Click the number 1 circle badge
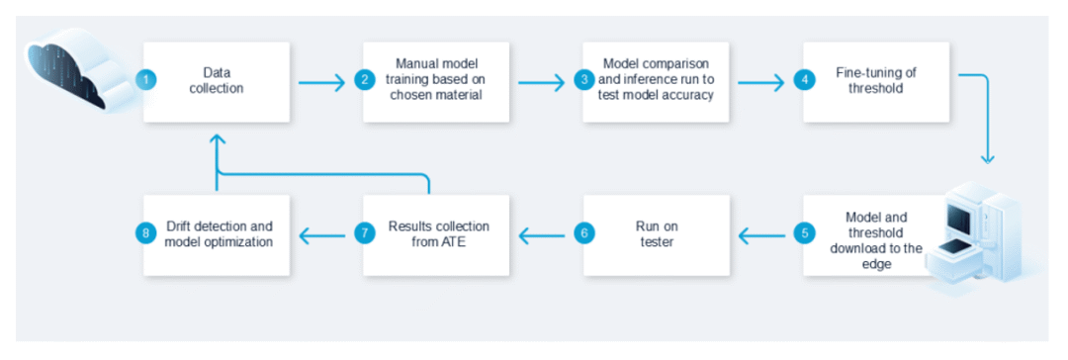pyautogui.click(x=146, y=80)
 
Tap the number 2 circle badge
pyautogui.click(x=364, y=80)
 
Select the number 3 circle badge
pyautogui.click(x=584, y=80)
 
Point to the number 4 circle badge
pyautogui.click(x=804, y=80)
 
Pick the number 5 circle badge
pyautogui.click(x=804, y=233)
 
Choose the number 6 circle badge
pyautogui.click(x=584, y=233)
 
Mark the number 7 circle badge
pyautogui.click(x=364, y=233)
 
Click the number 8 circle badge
pyautogui.click(x=146, y=233)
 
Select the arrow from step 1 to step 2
pyautogui.click(x=321, y=82)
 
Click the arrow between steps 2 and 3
pyautogui.click(x=542, y=82)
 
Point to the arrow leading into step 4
pyautogui.click(x=761, y=82)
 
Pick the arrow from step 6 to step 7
pyautogui.click(x=542, y=236)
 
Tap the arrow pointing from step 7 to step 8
pyautogui.click(x=322, y=236)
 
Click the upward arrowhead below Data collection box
pyautogui.click(x=216, y=139)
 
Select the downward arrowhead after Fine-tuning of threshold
pyautogui.click(x=987, y=158)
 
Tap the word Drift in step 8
pyautogui.click(x=181, y=225)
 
